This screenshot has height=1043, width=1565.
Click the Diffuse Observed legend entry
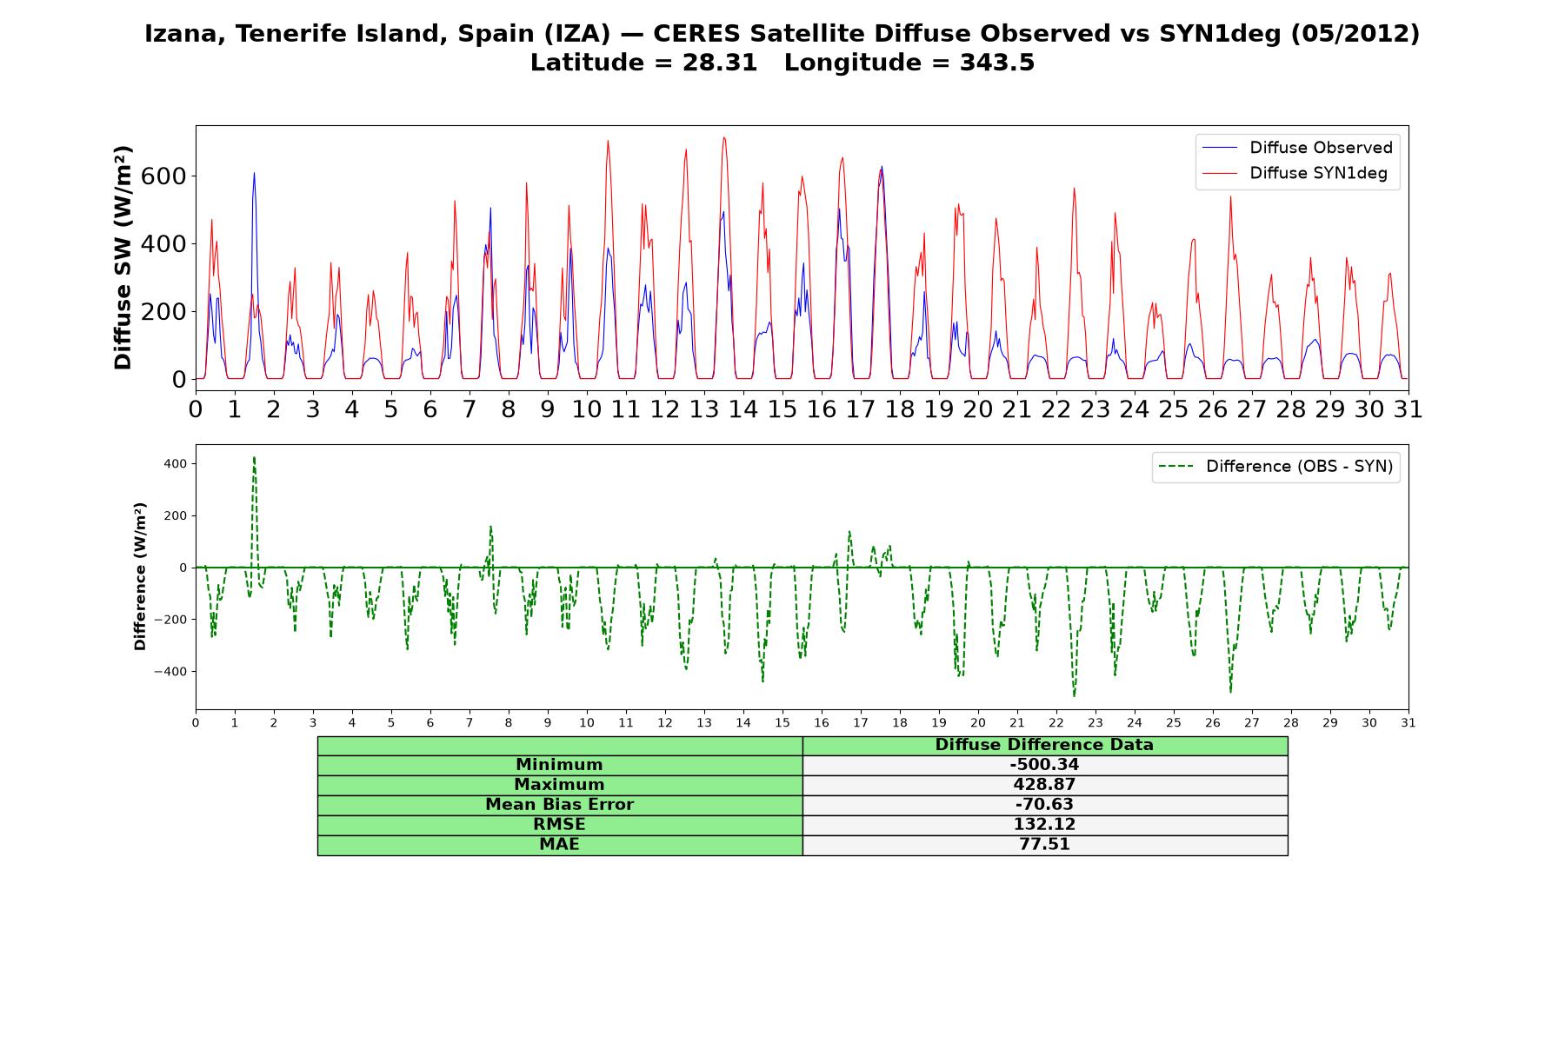pos(1297,148)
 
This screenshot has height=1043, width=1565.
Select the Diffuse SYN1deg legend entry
pos(1295,173)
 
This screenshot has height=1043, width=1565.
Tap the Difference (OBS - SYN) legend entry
pos(1276,467)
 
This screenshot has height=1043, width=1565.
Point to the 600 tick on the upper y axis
pos(167,176)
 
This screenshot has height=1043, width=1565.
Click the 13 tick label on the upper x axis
pos(704,409)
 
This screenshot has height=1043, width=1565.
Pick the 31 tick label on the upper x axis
pos(1408,409)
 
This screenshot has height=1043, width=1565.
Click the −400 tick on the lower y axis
pos(170,672)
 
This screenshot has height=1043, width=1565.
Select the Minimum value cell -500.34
pos(1044,765)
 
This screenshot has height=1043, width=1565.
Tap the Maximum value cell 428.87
pos(1044,785)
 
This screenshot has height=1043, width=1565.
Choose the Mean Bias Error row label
pos(559,805)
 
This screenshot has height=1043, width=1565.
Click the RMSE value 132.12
pos(1044,825)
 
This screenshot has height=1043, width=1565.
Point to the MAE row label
pos(559,845)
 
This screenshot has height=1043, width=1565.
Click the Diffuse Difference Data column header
pos(1044,745)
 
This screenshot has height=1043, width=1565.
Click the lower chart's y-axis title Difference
pos(140,576)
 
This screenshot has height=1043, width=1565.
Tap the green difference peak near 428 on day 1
pos(254,457)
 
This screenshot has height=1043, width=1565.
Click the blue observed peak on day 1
pos(254,173)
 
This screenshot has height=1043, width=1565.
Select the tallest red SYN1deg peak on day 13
pos(723,137)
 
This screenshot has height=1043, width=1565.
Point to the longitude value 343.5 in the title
pos(997,63)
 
